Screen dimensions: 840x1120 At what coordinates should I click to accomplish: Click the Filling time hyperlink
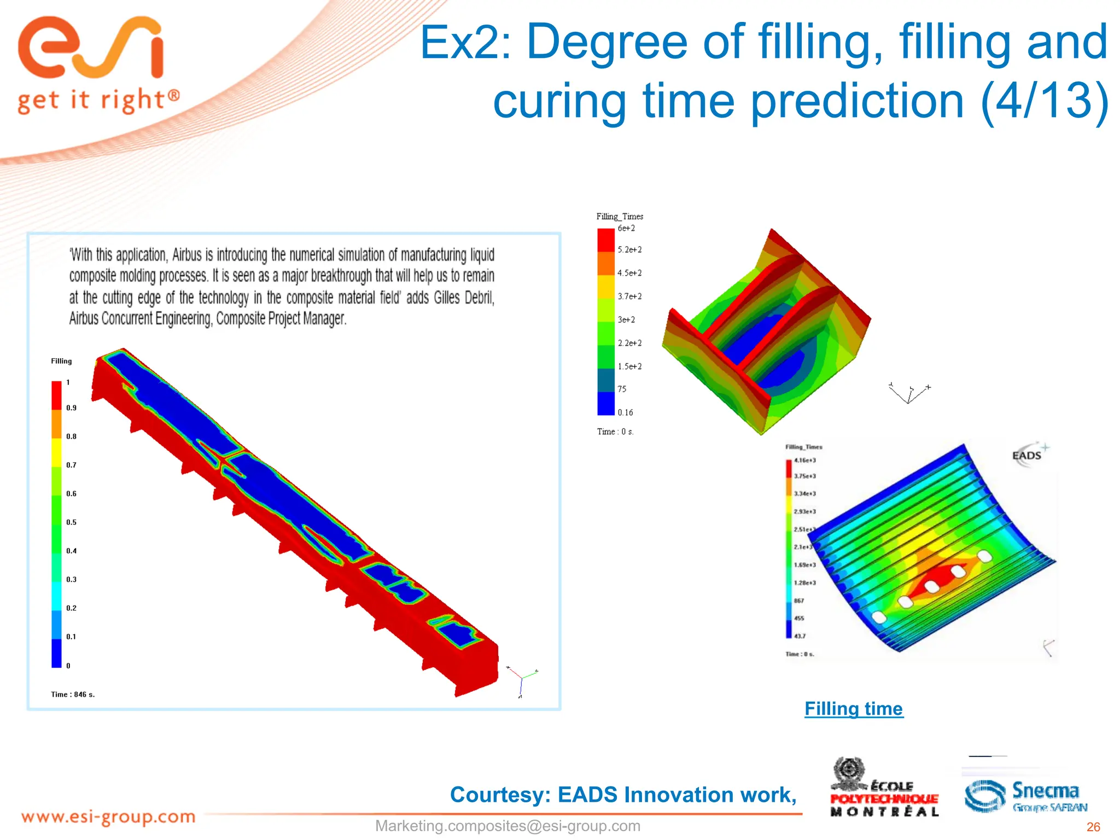pyautogui.click(x=853, y=709)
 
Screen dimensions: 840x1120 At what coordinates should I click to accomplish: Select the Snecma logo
pyautogui.click(x=1025, y=796)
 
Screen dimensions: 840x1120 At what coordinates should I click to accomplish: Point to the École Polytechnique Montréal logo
pyautogui.click(x=884, y=788)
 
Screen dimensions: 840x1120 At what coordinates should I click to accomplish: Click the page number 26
pyautogui.click(x=1093, y=827)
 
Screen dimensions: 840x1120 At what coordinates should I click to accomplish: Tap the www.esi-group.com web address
pyautogui.click(x=108, y=817)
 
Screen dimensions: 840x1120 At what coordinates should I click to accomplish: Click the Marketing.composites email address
pyautogui.click(x=507, y=826)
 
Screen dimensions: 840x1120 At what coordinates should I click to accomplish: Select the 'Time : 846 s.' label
pyautogui.click(x=73, y=695)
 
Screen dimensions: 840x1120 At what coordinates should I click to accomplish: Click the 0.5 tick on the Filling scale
pyautogui.click(x=71, y=522)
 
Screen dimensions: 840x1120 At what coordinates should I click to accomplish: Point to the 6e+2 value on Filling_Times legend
pyautogui.click(x=626, y=228)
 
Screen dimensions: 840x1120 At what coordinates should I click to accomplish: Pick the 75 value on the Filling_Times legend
pyautogui.click(x=622, y=389)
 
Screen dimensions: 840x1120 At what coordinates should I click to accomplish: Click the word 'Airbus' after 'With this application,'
pyautogui.click(x=187, y=255)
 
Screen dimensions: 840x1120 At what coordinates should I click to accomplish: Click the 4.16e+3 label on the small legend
pyautogui.click(x=804, y=460)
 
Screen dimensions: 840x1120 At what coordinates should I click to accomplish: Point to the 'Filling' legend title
pyautogui.click(x=61, y=361)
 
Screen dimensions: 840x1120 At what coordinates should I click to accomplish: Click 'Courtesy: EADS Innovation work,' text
pyautogui.click(x=623, y=795)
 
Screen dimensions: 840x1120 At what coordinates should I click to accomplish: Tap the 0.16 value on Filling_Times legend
pyautogui.click(x=625, y=412)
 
